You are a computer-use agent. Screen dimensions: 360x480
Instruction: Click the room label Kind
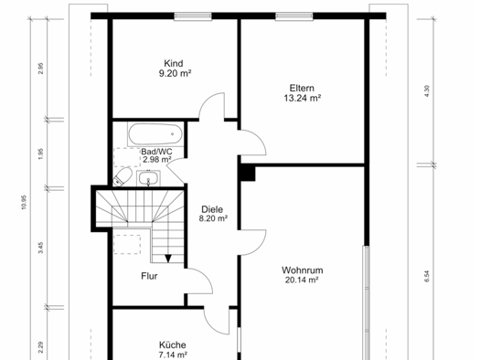pos(174,63)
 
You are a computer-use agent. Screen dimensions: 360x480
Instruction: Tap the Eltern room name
pos(302,87)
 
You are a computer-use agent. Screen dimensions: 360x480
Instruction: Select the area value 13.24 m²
pos(302,97)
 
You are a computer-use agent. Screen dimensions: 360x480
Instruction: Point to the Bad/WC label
pos(156,151)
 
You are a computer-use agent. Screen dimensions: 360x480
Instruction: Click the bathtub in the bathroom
pos(155,133)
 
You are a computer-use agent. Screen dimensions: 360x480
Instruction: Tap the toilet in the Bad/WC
pos(124,175)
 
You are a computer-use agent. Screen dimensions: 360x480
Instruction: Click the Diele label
pos(213,208)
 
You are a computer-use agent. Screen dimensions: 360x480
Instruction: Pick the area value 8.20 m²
pos(213,218)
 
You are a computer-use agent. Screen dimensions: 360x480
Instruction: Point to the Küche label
pos(173,345)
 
